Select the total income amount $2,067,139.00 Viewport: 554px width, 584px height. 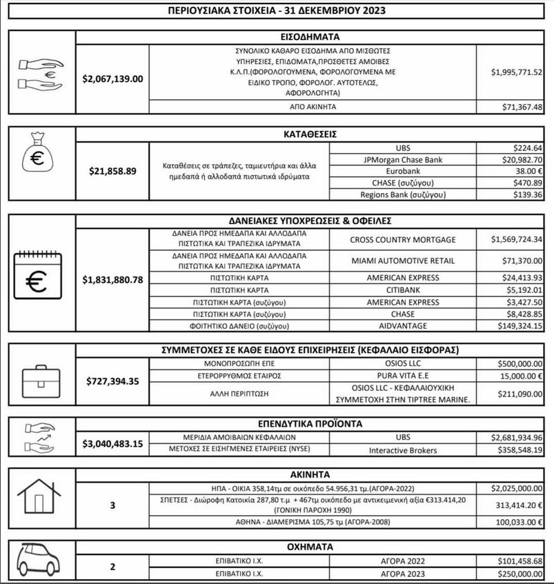coord(112,79)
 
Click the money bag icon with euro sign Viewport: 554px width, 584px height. coord(39,159)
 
